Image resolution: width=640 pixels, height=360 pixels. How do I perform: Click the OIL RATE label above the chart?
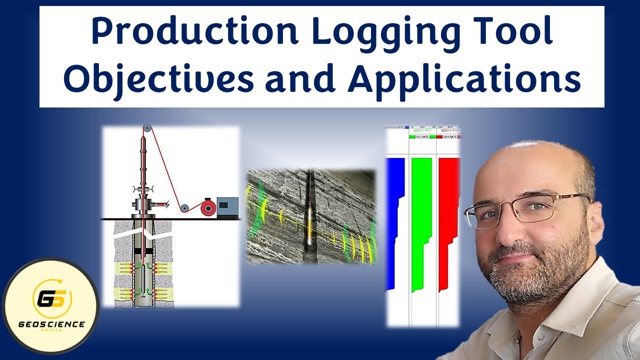(421, 136)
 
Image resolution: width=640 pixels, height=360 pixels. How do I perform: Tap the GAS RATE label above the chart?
(448, 136)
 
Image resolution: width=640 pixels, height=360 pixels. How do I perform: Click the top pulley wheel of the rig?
(145, 128)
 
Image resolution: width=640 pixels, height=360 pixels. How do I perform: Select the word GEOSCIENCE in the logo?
(51, 324)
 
